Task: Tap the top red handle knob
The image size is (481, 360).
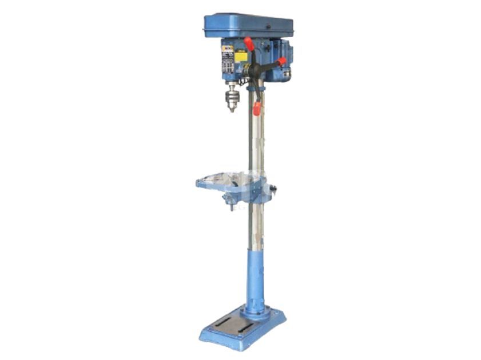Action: click(x=248, y=43)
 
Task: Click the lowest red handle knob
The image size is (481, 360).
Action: click(x=257, y=108)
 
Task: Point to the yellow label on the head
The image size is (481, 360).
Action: click(x=241, y=57)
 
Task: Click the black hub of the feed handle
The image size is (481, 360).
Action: click(x=255, y=69)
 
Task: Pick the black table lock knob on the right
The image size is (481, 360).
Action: click(x=273, y=189)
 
